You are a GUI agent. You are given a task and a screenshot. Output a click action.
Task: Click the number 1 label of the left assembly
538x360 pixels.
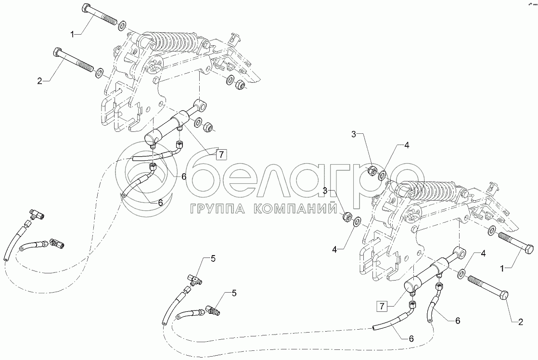tap(72, 34)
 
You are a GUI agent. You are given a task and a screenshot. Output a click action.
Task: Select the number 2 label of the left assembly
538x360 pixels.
tap(40, 81)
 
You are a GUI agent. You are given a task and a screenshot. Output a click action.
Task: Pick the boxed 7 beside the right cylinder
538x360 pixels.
tap(382, 306)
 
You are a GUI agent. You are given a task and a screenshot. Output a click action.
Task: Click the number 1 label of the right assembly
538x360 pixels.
tap(502, 269)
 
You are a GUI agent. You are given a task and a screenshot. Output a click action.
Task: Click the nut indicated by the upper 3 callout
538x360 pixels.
tap(371, 170)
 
